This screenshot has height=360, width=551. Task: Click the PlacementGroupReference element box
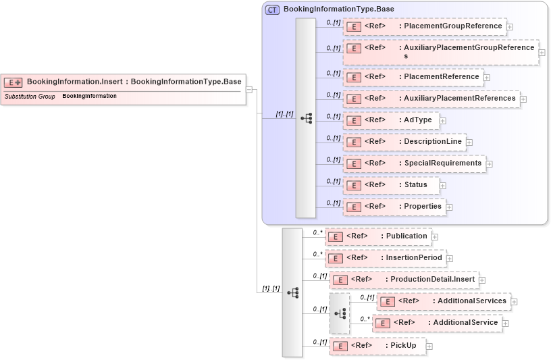(x=424, y=27)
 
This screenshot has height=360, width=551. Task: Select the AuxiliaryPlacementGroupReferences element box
(x=440, y=52)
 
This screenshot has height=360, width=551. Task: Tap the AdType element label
(x=417, y=120)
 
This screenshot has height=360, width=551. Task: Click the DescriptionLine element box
(x=404, y=142)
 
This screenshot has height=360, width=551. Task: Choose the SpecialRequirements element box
(x=414, y=163)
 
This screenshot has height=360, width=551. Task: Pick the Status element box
(x=391, y=185)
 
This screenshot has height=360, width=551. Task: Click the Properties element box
(x=394, y=207)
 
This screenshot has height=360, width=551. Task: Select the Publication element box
(x=377, y=236)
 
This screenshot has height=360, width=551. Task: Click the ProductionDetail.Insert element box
(x=404, y=280)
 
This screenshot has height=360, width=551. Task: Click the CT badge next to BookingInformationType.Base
(x=273, y=9)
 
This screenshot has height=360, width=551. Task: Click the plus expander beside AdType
(x=443, y=121)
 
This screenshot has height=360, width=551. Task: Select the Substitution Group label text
(x=30, y=97)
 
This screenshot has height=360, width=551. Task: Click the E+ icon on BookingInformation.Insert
(x=14, y=82)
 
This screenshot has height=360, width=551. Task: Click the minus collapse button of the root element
(x=249, y=89)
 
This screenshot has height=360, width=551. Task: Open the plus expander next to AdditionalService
(x=505, y=324)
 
